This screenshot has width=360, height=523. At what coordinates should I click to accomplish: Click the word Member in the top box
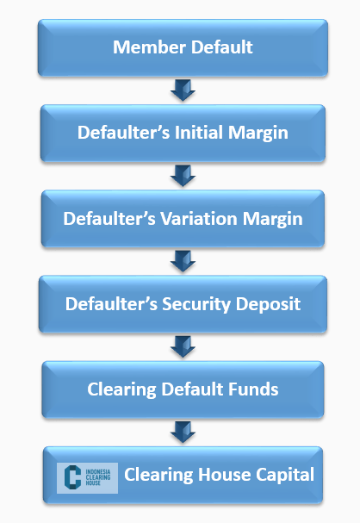tap(150, 47)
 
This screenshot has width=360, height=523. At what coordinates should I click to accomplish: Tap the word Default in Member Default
tap(222, 47)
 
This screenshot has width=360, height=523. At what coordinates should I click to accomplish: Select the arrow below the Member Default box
tap(183, 90)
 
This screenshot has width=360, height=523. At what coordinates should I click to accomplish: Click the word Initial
tap(199, 132)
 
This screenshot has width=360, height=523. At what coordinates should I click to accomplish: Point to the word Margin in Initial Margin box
tap(258, 134)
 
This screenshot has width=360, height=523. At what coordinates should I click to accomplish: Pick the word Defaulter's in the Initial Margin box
tap(124, 132)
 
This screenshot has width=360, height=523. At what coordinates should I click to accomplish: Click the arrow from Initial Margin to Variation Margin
tap(183, 176)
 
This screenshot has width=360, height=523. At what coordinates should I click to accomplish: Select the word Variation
tap(199, 219)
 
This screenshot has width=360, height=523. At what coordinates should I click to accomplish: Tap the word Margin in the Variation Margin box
tap(273, 220)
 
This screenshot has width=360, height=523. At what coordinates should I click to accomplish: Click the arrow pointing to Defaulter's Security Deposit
tap(183, 261)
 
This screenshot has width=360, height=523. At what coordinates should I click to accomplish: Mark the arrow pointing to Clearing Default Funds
tap(183, 346)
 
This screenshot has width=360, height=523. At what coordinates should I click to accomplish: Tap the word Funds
tap(258, 389)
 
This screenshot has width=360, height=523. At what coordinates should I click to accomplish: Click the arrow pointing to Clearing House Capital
tap(183, 432)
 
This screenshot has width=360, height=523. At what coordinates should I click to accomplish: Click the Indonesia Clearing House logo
tap(87, 477)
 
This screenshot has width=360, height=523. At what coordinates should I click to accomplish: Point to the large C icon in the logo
tap(72, 477)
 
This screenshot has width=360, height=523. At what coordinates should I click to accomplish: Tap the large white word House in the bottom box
tap(224, 475)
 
